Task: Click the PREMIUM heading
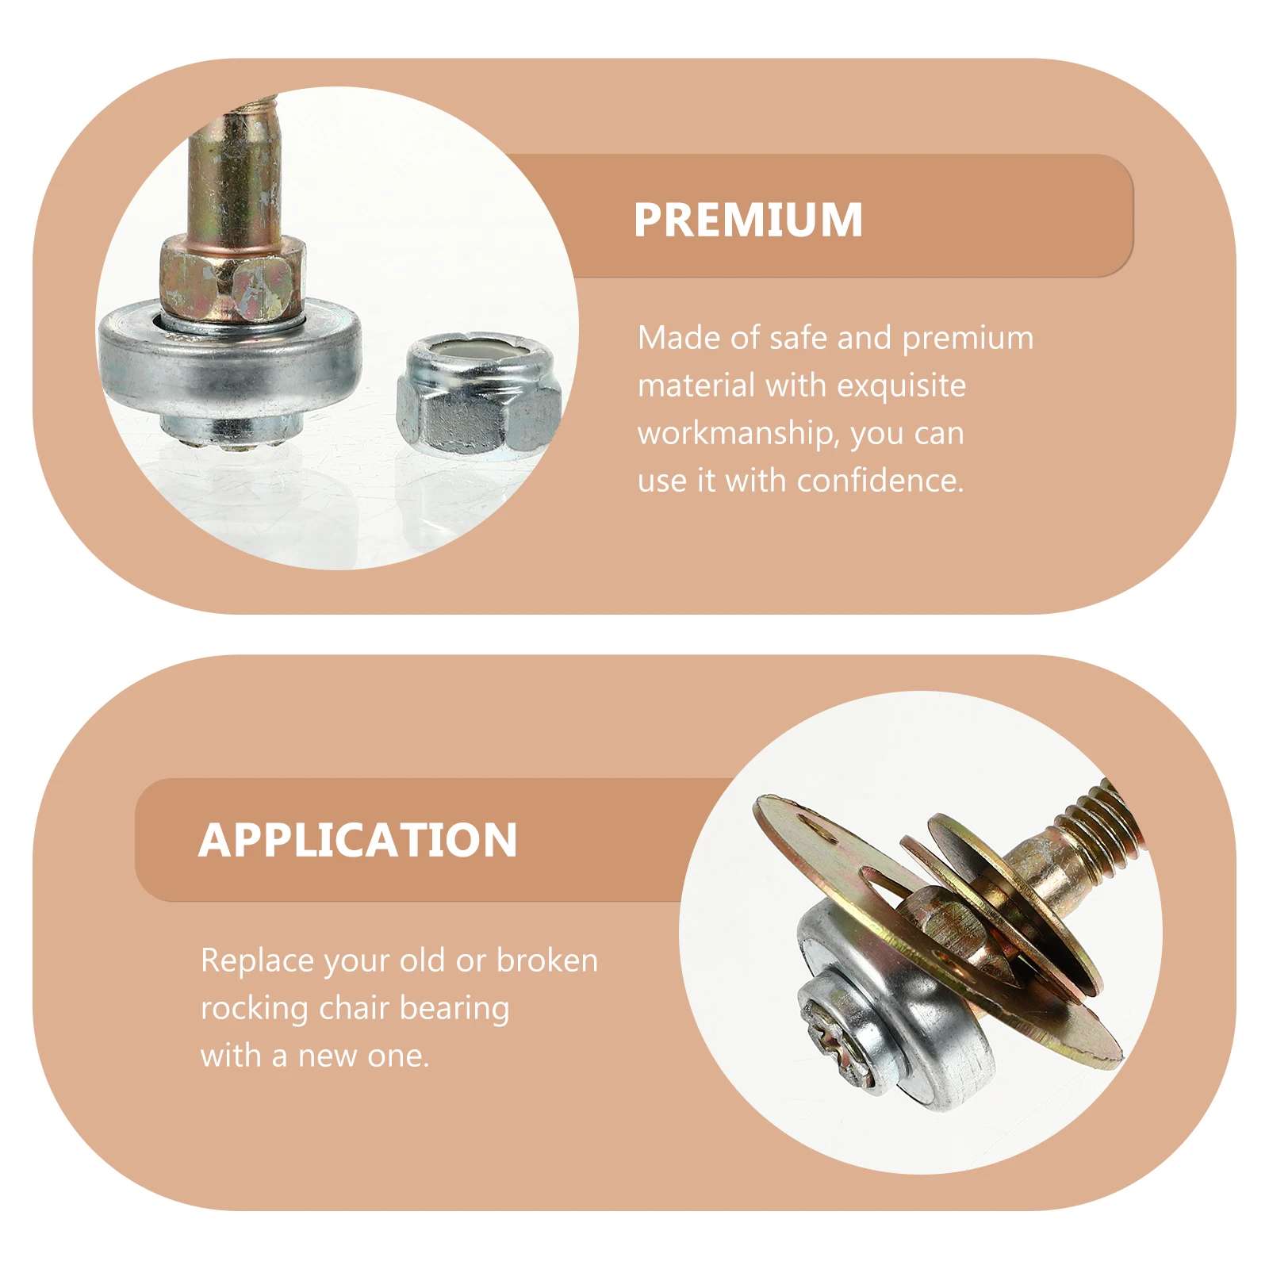pyautogui.click(x=748, y=220)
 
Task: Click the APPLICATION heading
pyautogui.click(x=358, y=840)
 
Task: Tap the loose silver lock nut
pyautogui.click(x=478, y=401)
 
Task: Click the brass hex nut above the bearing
pyautogui.click(x=232, y=278)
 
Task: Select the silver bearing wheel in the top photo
pyautogui.click(x=230, y=365)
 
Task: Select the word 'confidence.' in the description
pyautogui.click(x=880, y=481)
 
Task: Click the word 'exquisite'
pyautogui.click(x=901, y=386)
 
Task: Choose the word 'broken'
pyautogui.click(x=547, y=961)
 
